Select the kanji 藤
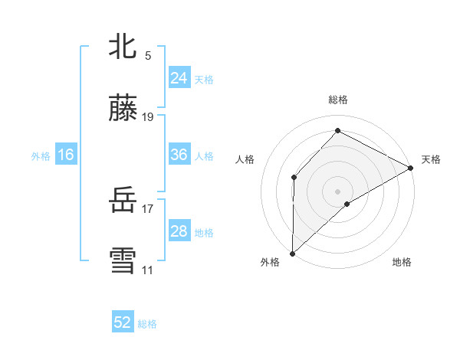coord(123,108)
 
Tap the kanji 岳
coord(123,201)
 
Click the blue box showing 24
coord(179,77)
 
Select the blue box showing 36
coord(179,155)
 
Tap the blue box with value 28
coord(179,231)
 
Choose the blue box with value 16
coord(66,155)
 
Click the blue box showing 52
coord(123,322)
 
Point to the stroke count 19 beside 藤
coord(148,117)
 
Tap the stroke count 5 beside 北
coord(147,55)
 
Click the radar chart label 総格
coord(338,100)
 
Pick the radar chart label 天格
coord(431,159)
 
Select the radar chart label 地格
coord(402,262)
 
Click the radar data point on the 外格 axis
coord(292,253)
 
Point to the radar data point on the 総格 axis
coord(337,131)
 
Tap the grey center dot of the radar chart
coord(338,191)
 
